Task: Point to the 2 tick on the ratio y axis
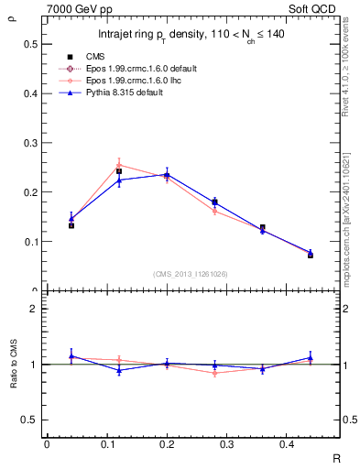(32, 309)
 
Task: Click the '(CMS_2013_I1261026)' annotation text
(191, 274)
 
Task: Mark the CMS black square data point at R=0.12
(119, 171)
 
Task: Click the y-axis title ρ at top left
(12, 14)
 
